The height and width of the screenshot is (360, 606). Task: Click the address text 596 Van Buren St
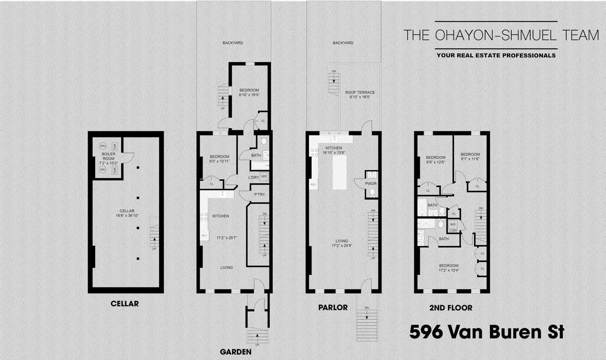tap(486, 332)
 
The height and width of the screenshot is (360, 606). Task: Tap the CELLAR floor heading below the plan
tap(125, 304)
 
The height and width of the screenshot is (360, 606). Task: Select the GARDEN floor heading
tap(238, 352)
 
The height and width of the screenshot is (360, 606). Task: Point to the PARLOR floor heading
tap(333, 307)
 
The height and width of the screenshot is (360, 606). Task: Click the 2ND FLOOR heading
tap(450, 308)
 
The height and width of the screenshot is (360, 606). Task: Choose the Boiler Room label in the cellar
tap(108, 156)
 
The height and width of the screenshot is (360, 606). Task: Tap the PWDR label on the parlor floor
tap(371, 182)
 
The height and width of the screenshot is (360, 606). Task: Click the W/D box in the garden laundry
tap(264, 177)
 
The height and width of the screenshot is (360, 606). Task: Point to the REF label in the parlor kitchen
tap(313, 184)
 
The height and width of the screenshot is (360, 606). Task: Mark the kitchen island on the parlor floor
tap(339, 172)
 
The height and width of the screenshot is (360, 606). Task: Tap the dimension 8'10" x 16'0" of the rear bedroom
tap(249, 95)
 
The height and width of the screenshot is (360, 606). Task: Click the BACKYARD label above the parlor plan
tap(343, 43)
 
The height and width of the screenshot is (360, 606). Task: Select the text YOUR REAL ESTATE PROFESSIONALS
tap(496, 55)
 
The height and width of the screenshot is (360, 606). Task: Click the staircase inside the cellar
tap(154, 232)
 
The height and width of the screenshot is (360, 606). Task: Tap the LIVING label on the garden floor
tap(226, 268)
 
